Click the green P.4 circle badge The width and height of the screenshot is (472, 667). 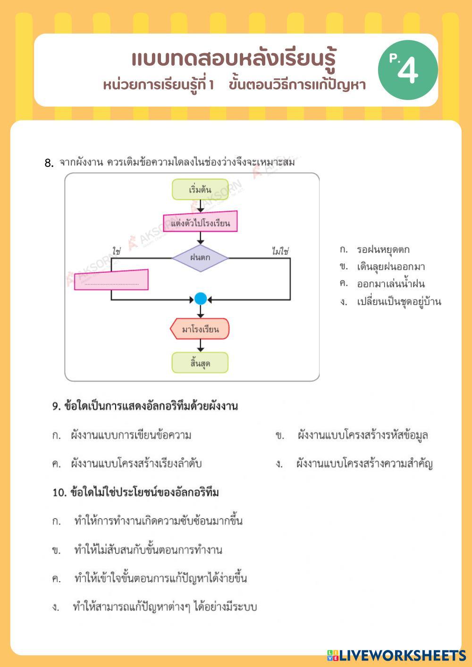point(407,70)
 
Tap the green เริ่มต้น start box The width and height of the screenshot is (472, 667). point(200,190)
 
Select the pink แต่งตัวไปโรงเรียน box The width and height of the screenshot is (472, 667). point(200,223)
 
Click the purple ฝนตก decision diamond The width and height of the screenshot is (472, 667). point(200,258)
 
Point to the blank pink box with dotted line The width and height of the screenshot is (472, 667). point(111,280)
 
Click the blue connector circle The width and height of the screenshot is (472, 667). point(201,299)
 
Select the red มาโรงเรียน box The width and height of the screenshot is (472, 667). point(200,329)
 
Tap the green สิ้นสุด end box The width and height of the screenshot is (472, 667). point(200,363)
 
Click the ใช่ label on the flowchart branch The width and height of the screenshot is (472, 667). point(116,251)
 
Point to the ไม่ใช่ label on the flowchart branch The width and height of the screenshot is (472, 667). point(280,251)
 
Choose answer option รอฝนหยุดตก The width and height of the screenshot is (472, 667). point(383,250)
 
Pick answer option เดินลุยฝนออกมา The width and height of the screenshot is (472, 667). point(391,267)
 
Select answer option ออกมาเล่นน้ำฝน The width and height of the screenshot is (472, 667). point(391,284)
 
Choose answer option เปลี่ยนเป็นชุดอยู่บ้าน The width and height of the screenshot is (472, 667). point(399,302)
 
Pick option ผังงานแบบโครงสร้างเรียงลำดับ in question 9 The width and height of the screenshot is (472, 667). point(136,464)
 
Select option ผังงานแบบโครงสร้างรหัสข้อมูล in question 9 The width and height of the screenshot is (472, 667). point(362,435)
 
